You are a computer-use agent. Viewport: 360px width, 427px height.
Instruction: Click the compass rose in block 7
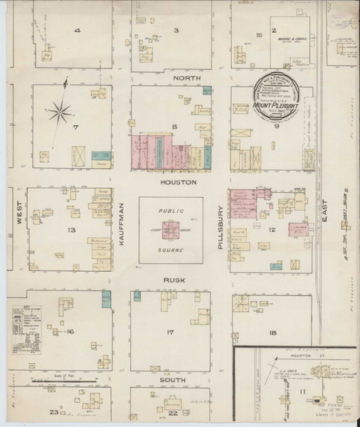pos(63,111)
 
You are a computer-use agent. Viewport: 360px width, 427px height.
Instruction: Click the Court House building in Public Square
pos(170,230)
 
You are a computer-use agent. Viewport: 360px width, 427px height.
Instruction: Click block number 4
pos(76,31)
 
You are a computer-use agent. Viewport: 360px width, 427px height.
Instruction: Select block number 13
pos(71,231)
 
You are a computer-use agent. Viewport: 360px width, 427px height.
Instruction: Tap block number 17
pos(171,332)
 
